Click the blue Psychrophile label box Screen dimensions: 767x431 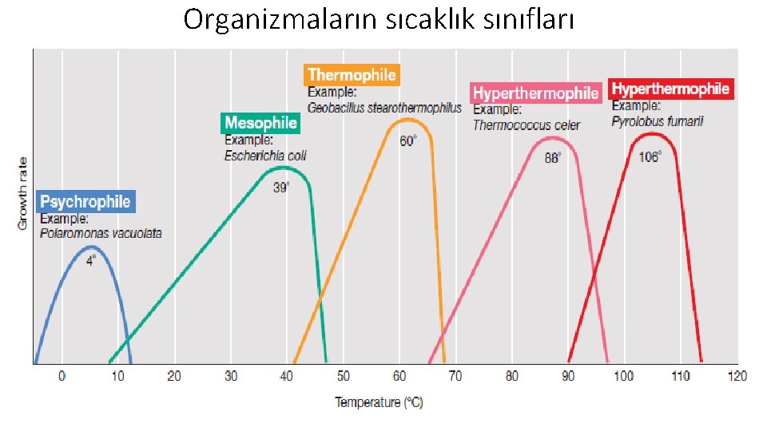[85, 201]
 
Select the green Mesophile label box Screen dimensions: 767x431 [260, 123]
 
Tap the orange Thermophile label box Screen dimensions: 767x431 [352, 75]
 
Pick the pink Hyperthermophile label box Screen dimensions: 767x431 [535, 93]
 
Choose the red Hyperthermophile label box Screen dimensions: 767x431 [670, 89]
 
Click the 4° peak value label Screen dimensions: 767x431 [91, 260]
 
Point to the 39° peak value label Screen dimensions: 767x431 [281, 188]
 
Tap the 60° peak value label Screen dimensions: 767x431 [408, 140]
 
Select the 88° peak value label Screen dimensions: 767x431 [553, 158]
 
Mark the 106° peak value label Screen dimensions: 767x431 [650, 157]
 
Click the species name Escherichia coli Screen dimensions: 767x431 [265, 156]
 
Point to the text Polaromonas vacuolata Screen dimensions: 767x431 [101, 234]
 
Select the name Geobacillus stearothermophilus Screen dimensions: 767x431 [384, 108]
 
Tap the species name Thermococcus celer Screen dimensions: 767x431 [527, 125]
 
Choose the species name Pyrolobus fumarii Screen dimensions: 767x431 [658, 121]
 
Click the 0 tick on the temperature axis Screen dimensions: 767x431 [62, 376]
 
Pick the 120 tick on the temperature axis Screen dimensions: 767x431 [737, 376]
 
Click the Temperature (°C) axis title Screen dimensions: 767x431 [379, 402]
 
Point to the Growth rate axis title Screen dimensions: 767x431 [22, 193]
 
